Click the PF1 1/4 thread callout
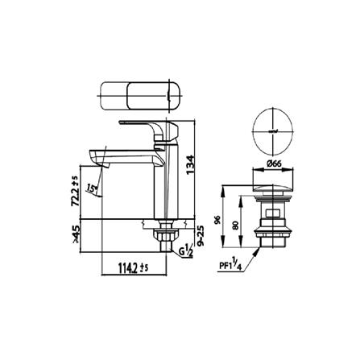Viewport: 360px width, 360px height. tap(230, 263)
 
